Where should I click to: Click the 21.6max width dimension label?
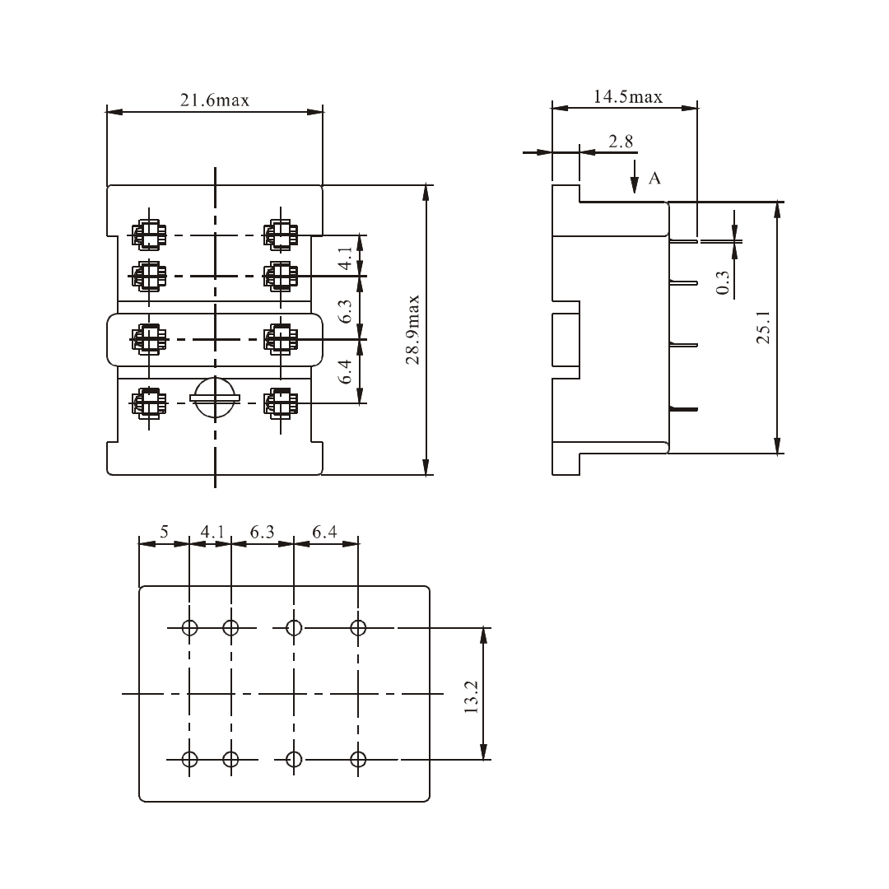click(214, 100)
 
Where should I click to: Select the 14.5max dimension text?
click(628, 97)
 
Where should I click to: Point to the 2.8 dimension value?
click(621, 142)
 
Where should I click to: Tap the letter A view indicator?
click(655, 178)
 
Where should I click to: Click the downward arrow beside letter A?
click(635, 178)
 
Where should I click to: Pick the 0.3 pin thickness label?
click(723, 283)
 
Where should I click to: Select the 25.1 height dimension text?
click(763, 328)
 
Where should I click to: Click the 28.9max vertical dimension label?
click(413, 329)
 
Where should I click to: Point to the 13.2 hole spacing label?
click(471, 696)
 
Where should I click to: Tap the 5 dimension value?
click(164, 533)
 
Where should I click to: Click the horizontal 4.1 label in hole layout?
click(212, 533)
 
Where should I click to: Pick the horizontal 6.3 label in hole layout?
click(262, 533)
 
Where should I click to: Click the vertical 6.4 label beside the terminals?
click(347, 372)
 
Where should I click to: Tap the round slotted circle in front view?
click(215, 398)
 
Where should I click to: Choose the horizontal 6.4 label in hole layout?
click(324, 533)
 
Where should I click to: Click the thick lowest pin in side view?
click(684, 408)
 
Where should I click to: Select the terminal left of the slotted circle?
click(149, 403)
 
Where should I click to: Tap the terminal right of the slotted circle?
click(280, 403)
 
